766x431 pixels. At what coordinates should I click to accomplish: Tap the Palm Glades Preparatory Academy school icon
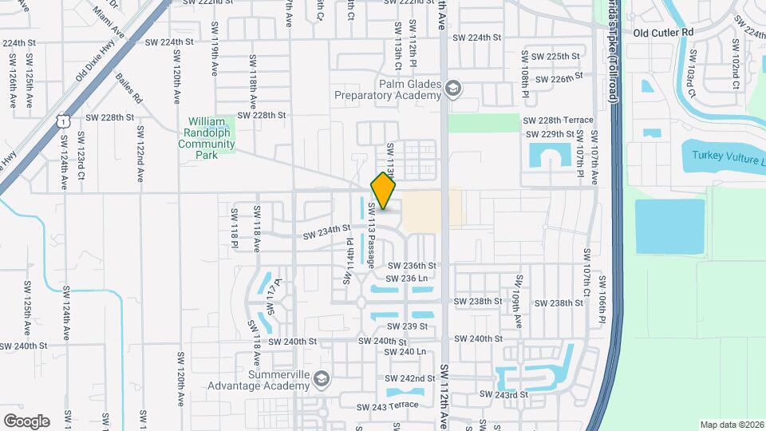454,87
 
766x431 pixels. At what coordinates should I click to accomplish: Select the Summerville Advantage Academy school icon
322,378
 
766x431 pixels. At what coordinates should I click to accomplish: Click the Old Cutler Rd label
663,33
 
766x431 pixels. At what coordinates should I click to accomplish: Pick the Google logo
26,421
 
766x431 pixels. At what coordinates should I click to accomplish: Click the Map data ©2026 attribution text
732,425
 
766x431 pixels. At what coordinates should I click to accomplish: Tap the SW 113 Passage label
371,244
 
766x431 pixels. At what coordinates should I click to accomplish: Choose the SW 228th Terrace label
558,121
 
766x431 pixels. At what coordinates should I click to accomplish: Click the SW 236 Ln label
406,279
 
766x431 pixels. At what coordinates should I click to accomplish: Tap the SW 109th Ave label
517,302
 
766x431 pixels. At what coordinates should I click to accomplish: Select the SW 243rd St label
503,395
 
